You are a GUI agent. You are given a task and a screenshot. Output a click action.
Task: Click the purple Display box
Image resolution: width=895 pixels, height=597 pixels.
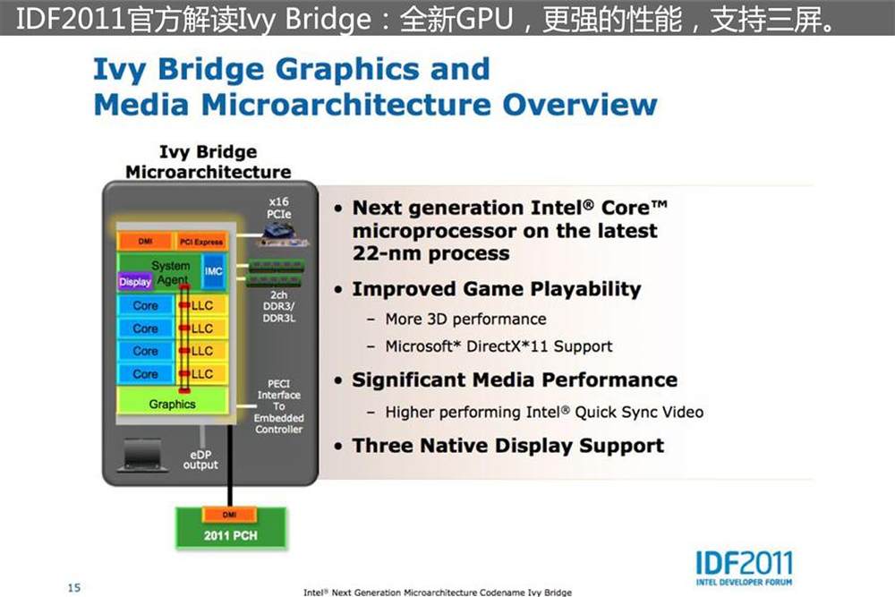coord(135,282)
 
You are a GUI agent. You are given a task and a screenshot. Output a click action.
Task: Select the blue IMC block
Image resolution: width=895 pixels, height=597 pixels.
coord(214,271)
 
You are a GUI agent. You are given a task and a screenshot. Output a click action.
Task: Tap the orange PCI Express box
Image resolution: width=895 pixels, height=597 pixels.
coord(200,242)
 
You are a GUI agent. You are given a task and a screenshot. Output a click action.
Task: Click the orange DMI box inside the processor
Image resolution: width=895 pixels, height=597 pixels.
coord(145,242)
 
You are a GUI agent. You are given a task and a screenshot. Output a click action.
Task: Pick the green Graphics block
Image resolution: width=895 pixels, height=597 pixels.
coord(173,403)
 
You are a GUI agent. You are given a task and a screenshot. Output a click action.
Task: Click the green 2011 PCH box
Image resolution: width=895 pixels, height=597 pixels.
coord(230,528)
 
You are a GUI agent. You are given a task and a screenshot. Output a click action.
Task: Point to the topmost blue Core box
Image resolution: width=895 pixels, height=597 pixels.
coord(146,305)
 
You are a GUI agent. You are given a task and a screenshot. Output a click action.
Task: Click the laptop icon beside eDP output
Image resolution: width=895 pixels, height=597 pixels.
coord(142,455)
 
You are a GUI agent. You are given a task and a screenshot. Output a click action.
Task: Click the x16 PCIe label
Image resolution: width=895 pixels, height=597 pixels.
coord(278,208)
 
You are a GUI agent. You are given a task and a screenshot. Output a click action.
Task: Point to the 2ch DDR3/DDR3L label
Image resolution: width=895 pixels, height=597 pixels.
coord(278,306)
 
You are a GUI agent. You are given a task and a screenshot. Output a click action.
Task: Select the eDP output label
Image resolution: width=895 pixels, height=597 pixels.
coord(200,459)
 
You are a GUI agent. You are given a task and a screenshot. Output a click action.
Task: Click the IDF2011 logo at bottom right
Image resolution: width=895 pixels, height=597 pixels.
coord(744,567)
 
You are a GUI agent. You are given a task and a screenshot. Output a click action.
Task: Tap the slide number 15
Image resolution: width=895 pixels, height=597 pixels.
coord(74,587)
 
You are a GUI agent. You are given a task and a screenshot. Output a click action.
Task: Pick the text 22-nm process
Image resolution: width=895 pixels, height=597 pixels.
coord(431,253)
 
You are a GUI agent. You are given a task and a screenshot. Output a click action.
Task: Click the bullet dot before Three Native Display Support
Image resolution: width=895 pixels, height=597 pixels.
coord(339,447)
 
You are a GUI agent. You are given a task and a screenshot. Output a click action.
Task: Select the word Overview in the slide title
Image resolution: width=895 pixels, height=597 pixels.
coord(580,105)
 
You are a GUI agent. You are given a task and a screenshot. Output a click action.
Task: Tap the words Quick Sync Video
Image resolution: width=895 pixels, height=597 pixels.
coord(639,412)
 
